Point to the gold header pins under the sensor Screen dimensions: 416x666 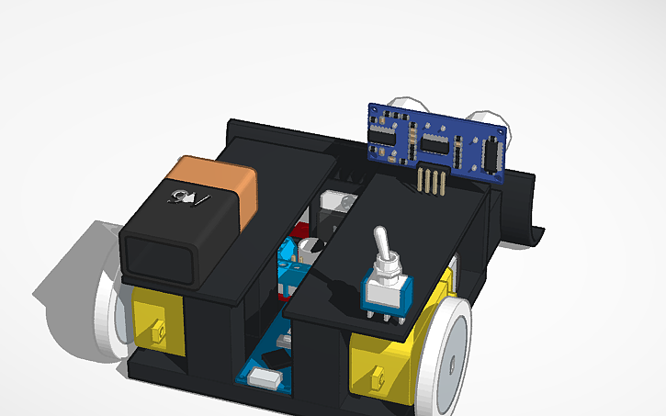(x=430, y=181)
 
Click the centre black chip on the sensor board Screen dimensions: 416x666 (x=435, y=142)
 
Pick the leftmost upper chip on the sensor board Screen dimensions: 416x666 (x=382, y=134)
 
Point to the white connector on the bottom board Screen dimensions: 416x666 (x=264, y=376)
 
